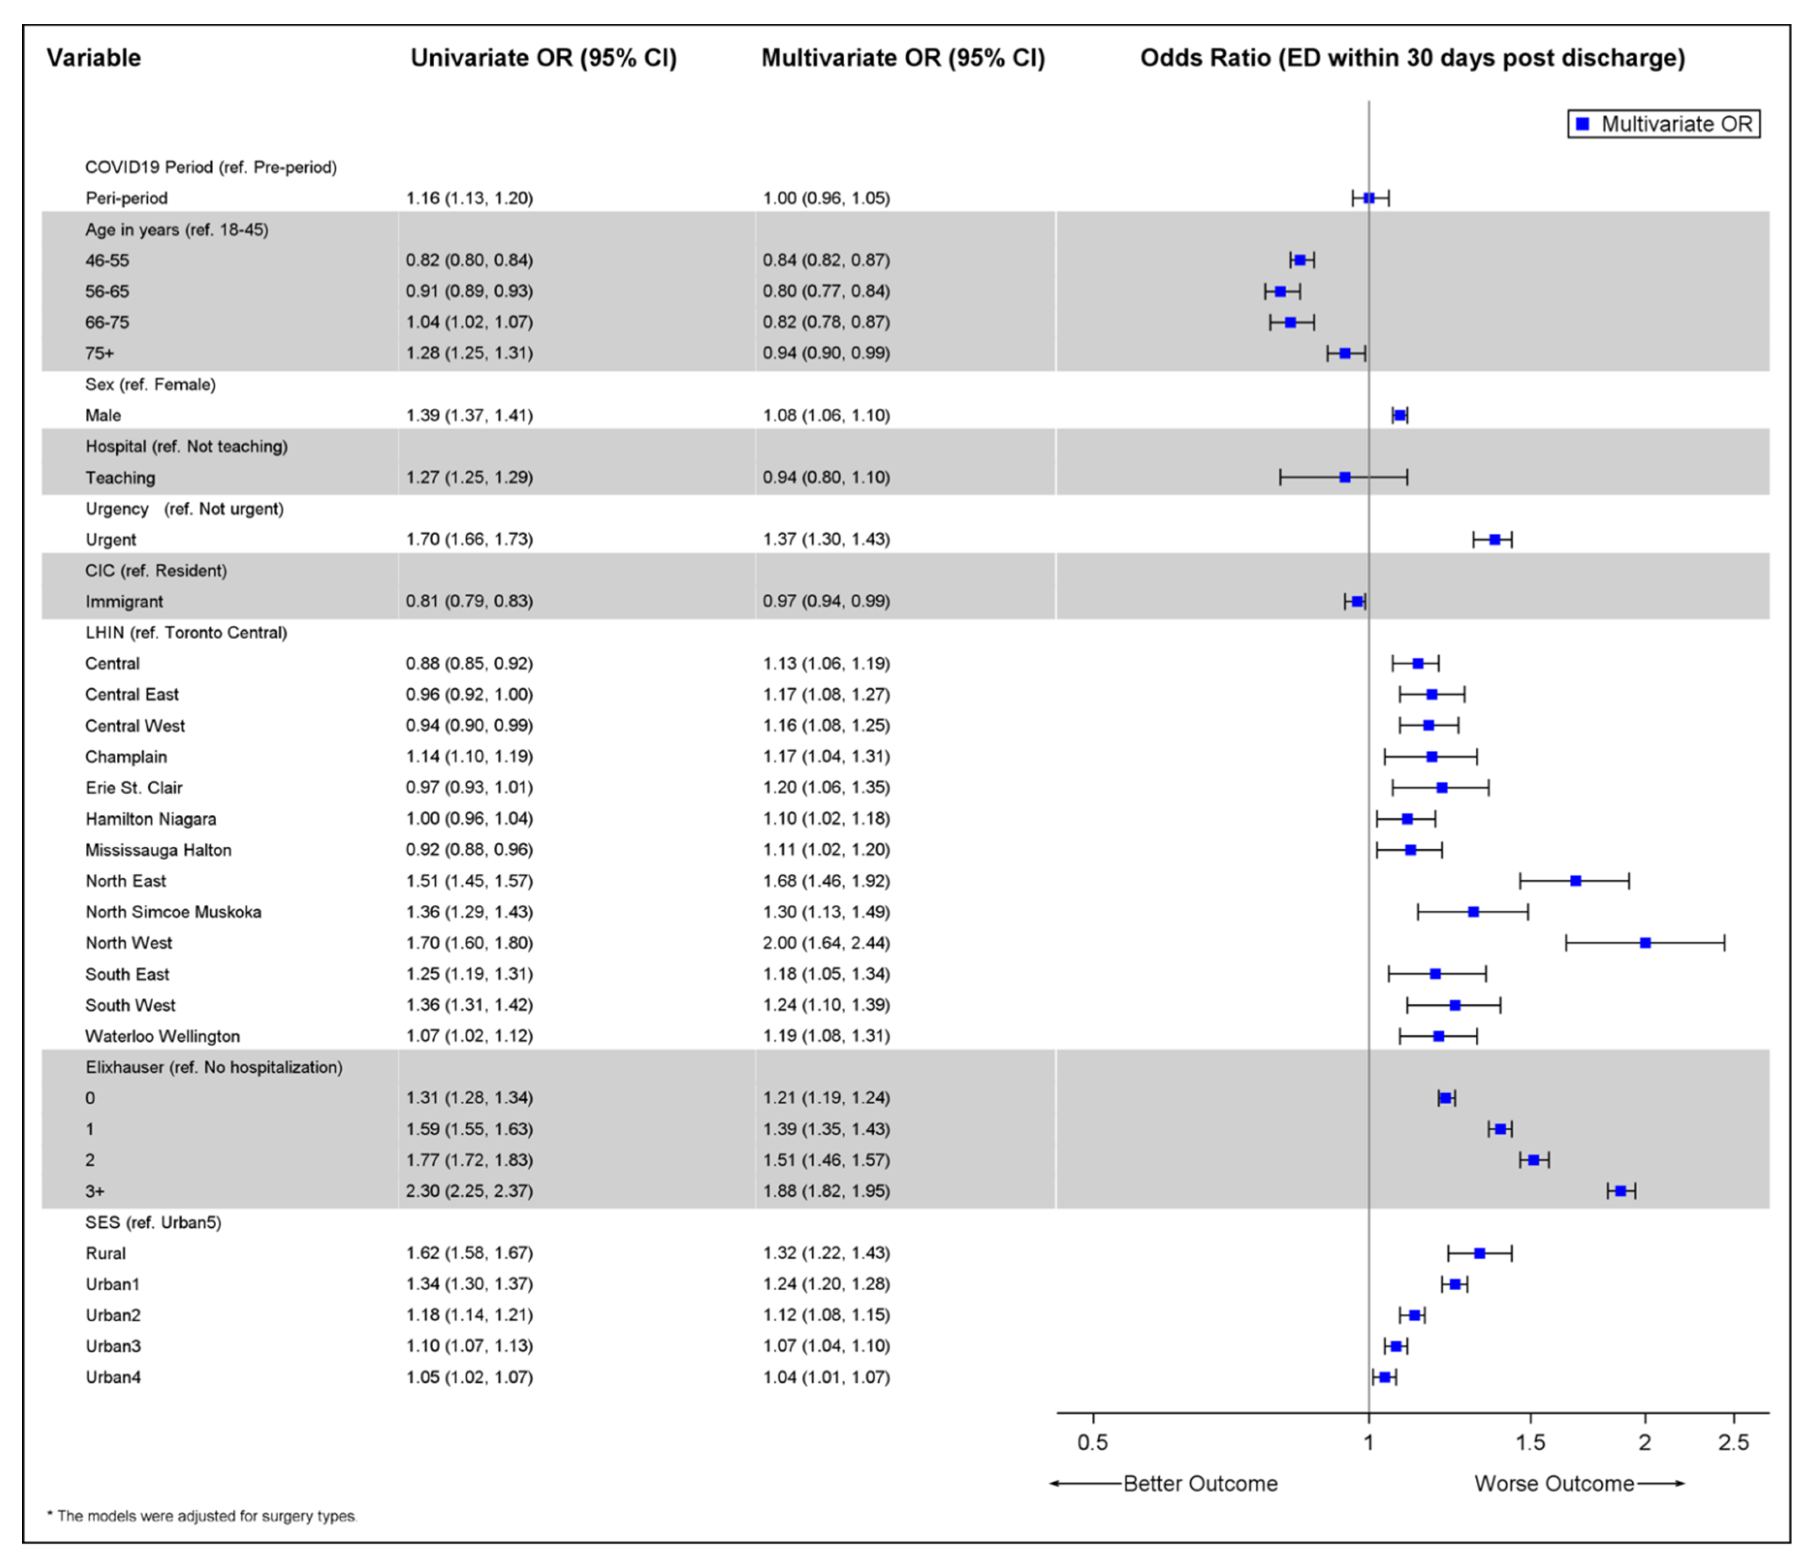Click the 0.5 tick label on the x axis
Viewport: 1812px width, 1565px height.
pos(1092,1442)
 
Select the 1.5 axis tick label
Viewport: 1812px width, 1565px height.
pos(1530,1442)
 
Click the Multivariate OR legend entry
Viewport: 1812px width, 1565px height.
pos(1663,124)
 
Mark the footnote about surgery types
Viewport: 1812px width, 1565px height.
pos(203,1516)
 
